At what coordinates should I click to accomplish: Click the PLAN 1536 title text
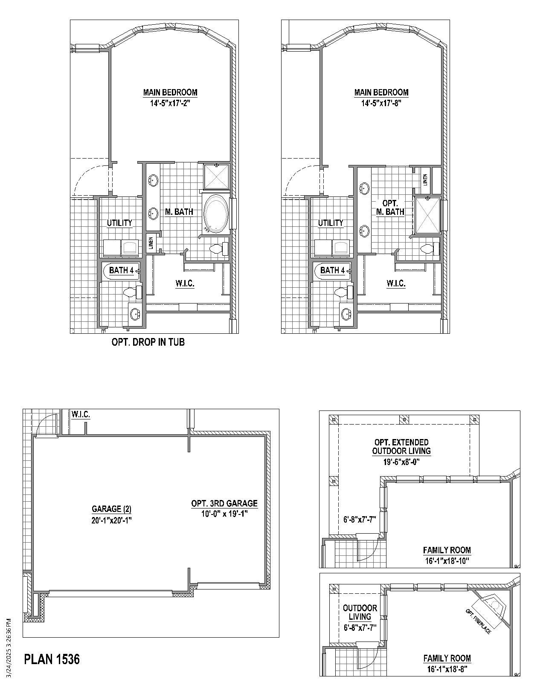pyautogui.click(x=52, y=659)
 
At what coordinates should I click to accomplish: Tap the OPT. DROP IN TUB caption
pyautogui.click(x=148, y=342)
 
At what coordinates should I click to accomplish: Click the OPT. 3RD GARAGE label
pyautogui.click(x=224, y=503)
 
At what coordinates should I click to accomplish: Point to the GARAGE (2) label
pyautogui.click(x=111, y=509)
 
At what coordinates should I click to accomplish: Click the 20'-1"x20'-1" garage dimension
pyautogui.click(x=111, y=520)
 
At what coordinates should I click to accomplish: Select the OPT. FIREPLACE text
pyautogui.click(x=478, y=621)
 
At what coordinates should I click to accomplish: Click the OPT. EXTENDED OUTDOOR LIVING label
pyautogui.click(x=401, y=446)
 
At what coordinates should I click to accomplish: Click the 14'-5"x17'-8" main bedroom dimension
pyautogui.click(x=381, y=103)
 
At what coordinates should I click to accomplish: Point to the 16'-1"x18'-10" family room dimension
pyautogui.click(x=447, y=561)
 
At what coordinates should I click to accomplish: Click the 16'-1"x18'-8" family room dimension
pyautogui.click(x=447, y=669)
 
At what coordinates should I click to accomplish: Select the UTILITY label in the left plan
pyautogui.click(x=119, y=223)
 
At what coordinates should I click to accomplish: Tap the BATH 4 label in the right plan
pyautogui.click(x=332, y=270)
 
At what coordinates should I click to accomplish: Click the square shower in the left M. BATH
pyautogui.click(x=217, y=176)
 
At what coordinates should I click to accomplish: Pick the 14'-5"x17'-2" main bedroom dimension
pyautogui.click(x=170, y=103)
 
